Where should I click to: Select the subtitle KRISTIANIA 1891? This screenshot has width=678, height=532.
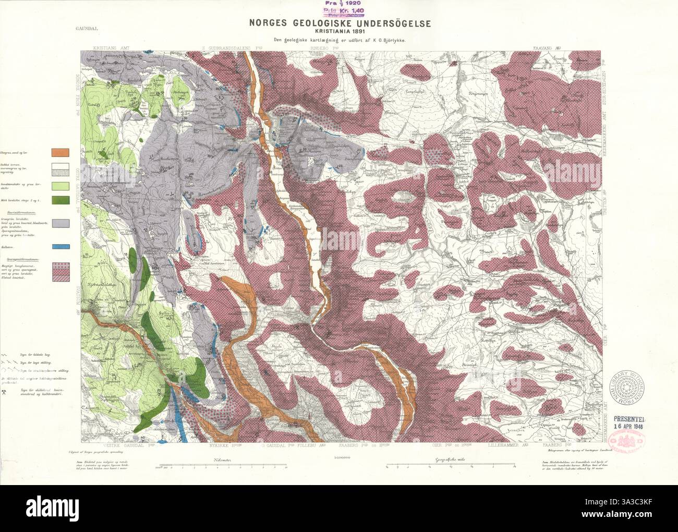[x=339, y=31]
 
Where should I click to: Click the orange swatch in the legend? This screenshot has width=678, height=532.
[x=60, y=152]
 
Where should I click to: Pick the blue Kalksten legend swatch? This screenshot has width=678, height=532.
[x=60, y=247]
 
